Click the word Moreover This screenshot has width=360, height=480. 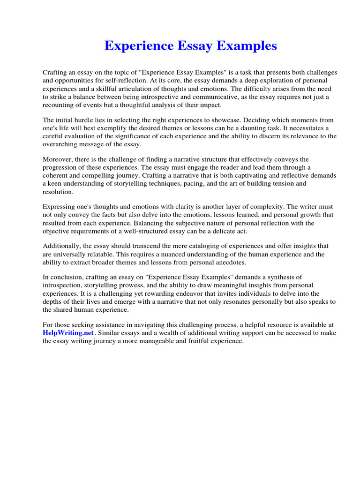58,160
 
